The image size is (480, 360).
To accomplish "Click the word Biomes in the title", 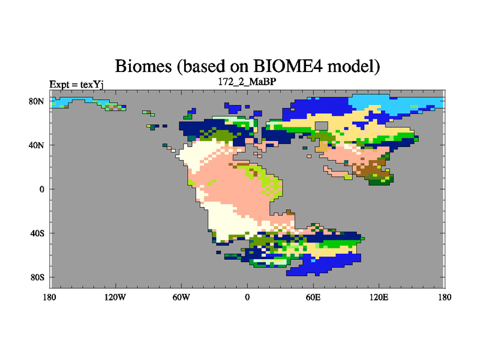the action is [x=143, y=65].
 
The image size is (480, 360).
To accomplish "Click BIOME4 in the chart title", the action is [x=288, y=65].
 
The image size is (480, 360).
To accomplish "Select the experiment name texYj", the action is [x=92, y=85].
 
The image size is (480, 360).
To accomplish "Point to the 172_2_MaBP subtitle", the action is [x=247, y=82].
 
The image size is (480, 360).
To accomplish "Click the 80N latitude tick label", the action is [x=37, y=101].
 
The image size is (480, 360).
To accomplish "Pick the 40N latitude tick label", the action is [x=37, y=145].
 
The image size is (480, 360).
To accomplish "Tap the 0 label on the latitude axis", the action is [x=41, y=189].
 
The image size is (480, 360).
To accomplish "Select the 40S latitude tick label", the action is [x=37, y=233].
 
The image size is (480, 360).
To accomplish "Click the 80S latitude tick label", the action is [x=37, y=277].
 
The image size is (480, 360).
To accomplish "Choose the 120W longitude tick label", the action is [x=115, y=297].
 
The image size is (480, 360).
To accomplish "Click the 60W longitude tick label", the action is [x=181, y=297].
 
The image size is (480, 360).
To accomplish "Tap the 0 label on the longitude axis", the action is [x=247, y=297].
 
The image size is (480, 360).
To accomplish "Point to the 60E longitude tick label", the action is [x=313, y=297].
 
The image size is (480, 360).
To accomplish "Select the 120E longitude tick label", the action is [x=379, y=297].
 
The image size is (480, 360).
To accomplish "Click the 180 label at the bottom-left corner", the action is [x=50, y=297].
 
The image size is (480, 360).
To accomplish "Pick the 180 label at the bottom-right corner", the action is [x=445, y=297].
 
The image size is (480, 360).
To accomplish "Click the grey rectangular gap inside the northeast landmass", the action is [x=322, y=125].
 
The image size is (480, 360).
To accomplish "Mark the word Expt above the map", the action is [x=59, y=84].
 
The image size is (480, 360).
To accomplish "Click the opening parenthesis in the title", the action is [x=179, y=66].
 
